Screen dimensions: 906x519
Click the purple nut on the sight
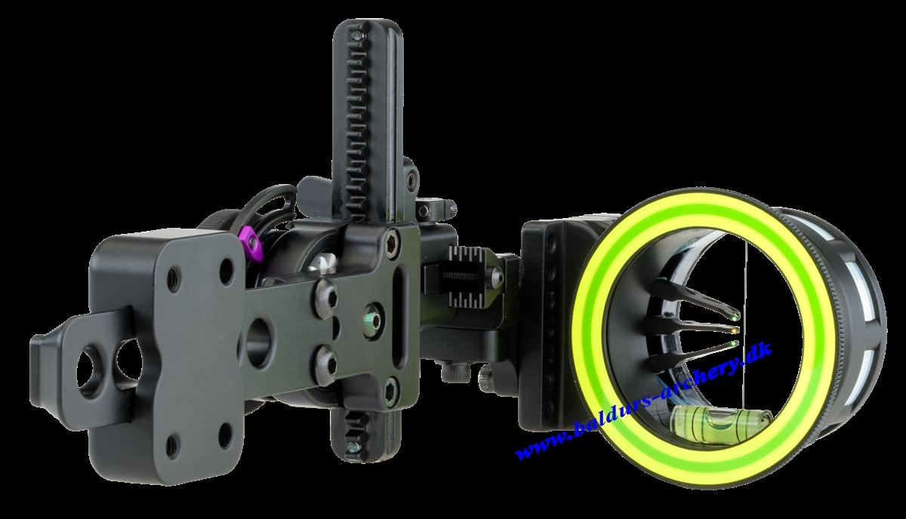251,244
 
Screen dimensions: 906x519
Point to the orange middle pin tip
734,331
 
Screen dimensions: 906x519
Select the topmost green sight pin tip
734,317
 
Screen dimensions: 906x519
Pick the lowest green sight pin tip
734,344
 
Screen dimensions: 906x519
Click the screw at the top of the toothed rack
356,36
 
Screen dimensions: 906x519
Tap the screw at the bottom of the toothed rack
353,447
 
